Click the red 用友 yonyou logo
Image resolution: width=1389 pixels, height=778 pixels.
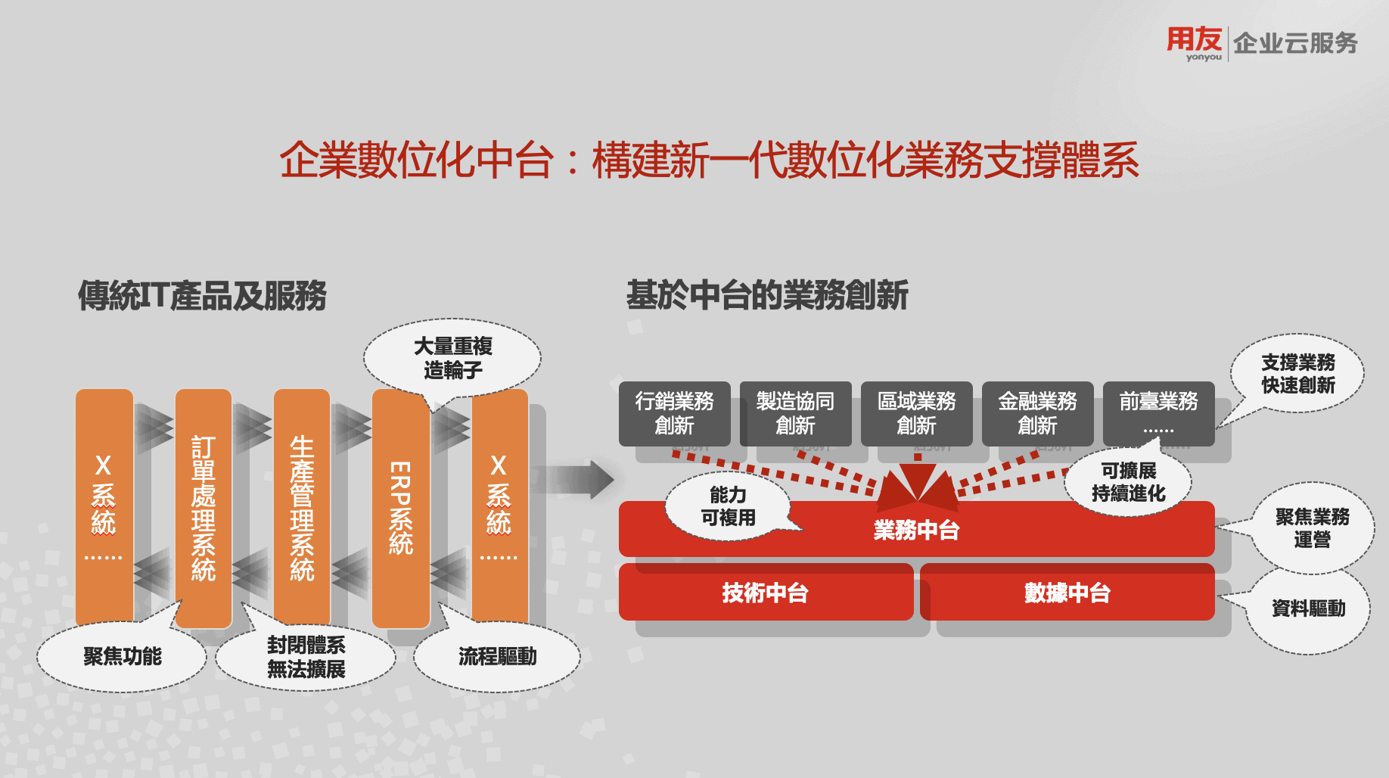[x=1194, y=42]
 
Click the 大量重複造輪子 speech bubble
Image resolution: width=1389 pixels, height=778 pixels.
[x=452, y=358]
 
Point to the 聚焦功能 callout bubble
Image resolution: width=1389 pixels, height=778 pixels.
[x=122, y=656]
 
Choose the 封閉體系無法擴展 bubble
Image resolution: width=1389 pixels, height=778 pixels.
[x=306, y=656]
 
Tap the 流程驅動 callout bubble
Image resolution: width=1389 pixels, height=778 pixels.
[x=497, y=656]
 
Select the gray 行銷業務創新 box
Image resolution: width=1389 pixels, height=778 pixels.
[x=674, y=413]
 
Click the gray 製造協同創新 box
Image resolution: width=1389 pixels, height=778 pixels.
[x=795, y=413]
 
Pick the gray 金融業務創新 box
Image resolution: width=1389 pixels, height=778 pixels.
[x=1037, y=413]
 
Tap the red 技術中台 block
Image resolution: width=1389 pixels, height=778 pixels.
[x=765, y=593]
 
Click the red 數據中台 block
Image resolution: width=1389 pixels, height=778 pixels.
[x=1067, y=593]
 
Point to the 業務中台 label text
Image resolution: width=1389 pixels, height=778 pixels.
[x=916, y=531]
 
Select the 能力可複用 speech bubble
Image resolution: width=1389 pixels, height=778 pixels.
[x=728, y=506]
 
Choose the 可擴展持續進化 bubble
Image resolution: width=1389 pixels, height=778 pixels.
[x=1128, y=482]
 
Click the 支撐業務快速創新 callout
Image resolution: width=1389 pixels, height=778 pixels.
[x=1297, y=374]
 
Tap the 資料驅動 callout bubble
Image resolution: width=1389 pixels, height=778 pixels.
[x=1308, y=608]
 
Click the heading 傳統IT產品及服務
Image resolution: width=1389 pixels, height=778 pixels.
[x=202, y=295]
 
